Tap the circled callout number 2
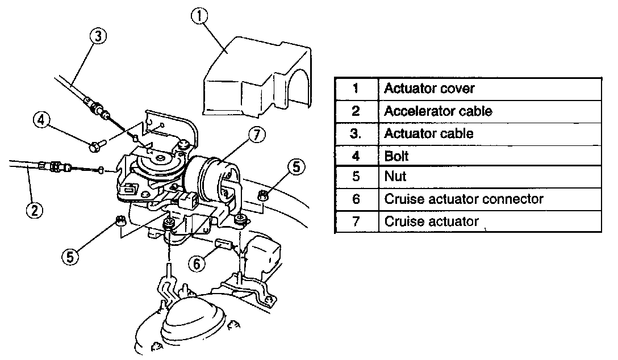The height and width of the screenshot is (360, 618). pyautogui.click(x=35, y=210)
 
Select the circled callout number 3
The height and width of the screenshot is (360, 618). pyautogui.click(x=98, y=36)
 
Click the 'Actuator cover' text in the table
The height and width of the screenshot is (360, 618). pyautogui.click(x=429, y=89)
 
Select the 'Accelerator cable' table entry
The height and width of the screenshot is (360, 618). pyautogui.click(x=438, y=111)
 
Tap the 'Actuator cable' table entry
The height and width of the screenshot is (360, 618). pyautogui.click(x=429, y=133)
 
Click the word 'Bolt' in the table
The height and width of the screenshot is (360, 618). pyautogui.click(x=396, y=155)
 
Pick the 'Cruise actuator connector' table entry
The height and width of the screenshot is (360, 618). pyautogui.click(x=463, y=199)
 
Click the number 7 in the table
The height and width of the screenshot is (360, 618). pyautogui.click(x=356, y=221)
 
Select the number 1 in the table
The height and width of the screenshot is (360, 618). pyautogui.click(x=356, y=89)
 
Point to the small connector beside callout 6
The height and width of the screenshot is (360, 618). pyautogui.click(x=224, y=245)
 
